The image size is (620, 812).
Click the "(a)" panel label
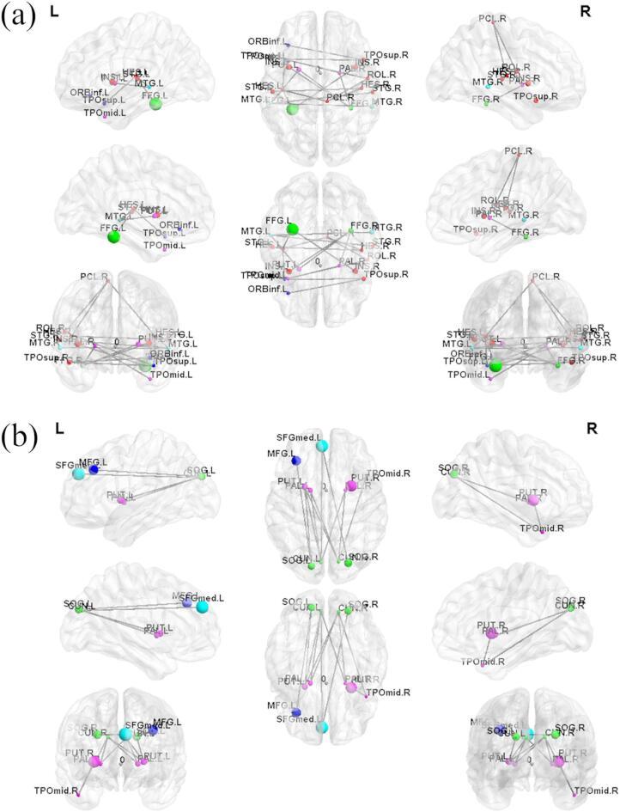18,16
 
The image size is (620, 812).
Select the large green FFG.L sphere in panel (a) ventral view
292,228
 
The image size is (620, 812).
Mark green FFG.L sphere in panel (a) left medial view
112,236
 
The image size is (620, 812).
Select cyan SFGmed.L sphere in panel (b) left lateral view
78,473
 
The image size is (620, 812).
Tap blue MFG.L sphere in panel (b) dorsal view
295,461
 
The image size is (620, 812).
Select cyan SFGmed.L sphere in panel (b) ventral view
322,727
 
